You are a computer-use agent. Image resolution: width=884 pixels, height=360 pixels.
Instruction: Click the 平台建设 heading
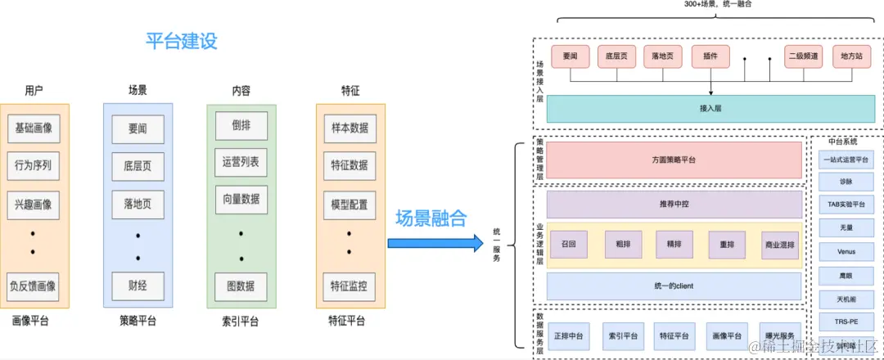point(182,41)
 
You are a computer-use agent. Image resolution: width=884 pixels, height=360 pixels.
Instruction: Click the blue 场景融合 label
point(431,218)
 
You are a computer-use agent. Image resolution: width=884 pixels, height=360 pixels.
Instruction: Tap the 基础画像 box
point(34,128)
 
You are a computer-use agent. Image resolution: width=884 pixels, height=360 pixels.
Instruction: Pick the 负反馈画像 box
point(34,286)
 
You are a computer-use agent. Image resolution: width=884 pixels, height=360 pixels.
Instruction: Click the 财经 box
point(138,286)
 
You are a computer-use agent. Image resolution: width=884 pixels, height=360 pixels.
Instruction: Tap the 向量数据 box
point(241,199)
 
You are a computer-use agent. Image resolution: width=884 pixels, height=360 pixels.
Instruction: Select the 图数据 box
point(241,286)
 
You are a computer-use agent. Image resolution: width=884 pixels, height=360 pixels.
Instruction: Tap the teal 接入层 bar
point(710,108)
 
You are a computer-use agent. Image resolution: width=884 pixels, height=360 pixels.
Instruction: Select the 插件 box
point(710,56)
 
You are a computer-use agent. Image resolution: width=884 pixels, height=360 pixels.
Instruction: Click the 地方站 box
point(852,56)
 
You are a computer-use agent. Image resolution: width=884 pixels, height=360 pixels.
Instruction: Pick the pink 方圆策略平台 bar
point(674,160)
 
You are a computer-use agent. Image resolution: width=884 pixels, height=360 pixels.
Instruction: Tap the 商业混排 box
point(778,245)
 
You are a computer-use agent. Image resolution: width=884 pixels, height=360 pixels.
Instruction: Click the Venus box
point(846,251)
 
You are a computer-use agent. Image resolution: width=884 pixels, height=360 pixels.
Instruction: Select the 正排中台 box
point(568,336)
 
